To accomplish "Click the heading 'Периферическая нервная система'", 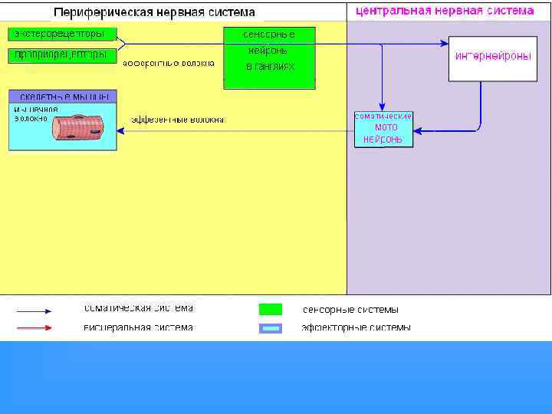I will pos(154,13).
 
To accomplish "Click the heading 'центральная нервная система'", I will pos(445,11).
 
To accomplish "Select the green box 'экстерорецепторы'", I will pos(61,34).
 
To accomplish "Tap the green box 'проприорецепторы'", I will pos(61,55).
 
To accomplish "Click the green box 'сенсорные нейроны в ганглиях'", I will pos(269,58).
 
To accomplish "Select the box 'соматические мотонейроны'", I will pos(383,129).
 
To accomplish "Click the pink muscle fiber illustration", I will pos(77,127).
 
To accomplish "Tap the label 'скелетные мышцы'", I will pos(63,97).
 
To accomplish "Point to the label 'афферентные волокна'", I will pos(168,63).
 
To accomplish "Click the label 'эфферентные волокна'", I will pos(178,120).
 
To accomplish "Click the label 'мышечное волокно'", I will pos(31,113).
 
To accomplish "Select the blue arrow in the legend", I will pos(34,311).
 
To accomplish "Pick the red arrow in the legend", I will pos(34,327).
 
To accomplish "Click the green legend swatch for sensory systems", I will pos(270,310).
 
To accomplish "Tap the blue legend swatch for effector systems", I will pos(270,328).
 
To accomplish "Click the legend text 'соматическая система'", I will pos(138,308).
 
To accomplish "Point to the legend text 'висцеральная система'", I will pos(138,327).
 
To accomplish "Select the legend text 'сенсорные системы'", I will pos(350,310).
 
